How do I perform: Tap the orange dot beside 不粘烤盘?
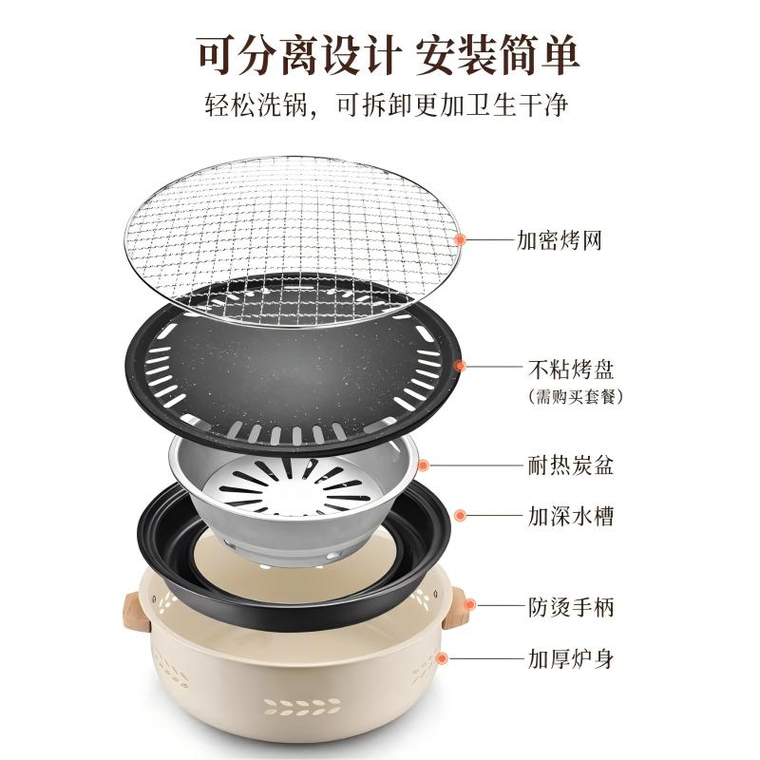tap(461, 364)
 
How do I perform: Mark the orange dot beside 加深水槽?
tap(461, 516)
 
